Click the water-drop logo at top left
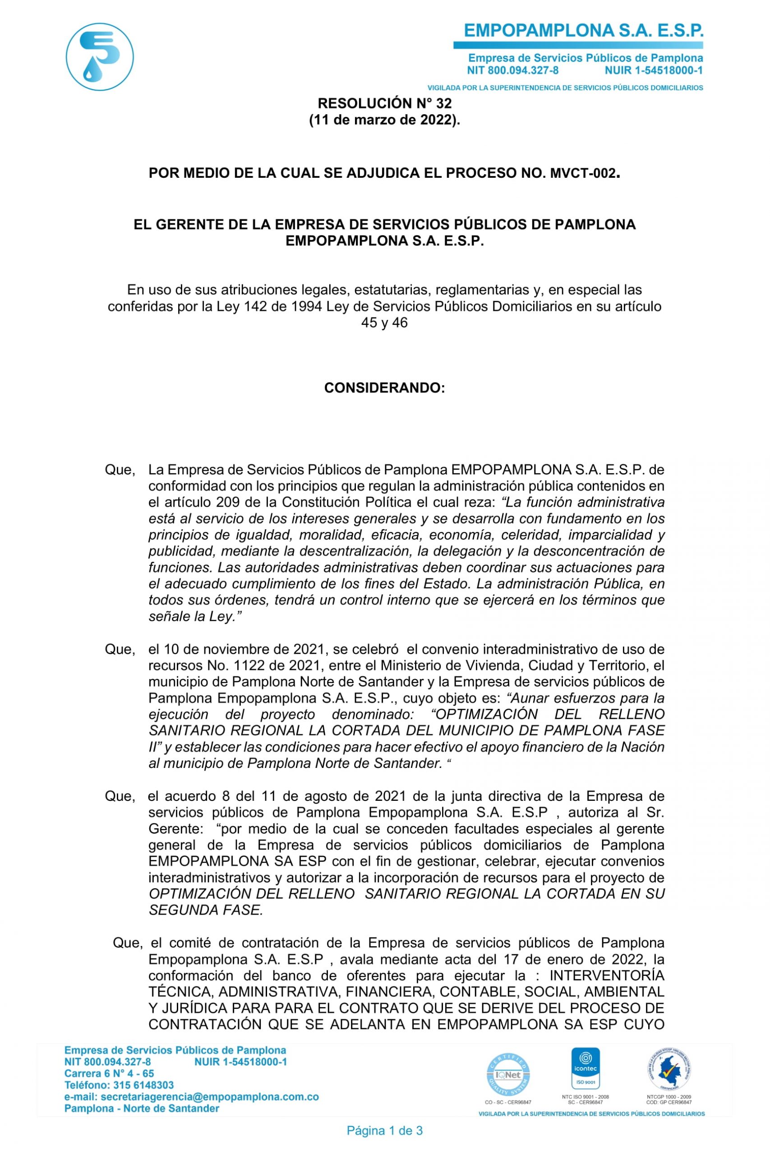[100, 56]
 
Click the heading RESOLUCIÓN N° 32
[384, 103]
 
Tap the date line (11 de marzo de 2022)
[384, 120]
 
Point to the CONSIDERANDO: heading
[384, 388]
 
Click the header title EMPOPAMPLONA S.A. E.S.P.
[583, 31]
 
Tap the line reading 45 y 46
[384, 323]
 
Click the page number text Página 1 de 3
[384, 1131]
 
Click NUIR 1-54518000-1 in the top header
[654, 70]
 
